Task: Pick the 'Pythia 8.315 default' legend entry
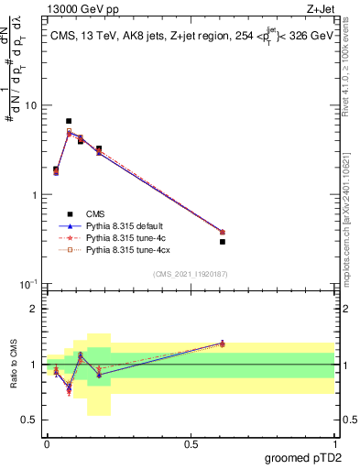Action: tap(128, 225)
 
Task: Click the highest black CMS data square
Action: tap(69, 121)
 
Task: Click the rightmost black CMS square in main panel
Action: tap(223, 242)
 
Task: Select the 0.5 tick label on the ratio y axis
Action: tap(29, 420)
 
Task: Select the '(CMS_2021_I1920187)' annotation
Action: tap(190, 272)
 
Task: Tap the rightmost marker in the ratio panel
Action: tap(223, 344)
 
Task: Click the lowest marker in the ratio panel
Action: tap(69, 392)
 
